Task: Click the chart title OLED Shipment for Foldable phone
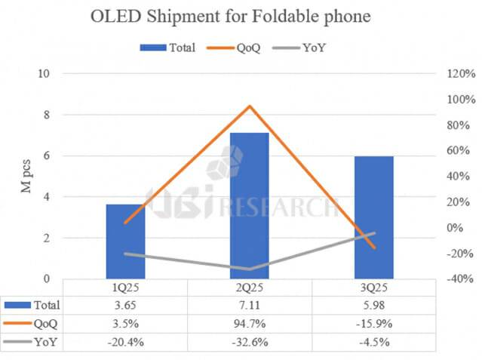point(241,17)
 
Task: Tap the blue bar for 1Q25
point(125,241)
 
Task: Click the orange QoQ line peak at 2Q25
point(249,106)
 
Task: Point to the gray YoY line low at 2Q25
point(249,269)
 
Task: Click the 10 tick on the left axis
point(44,74)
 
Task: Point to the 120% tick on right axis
point(459,74)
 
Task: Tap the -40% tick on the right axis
point(459,278)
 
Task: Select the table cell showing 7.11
point(249,306)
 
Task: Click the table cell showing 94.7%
point(249,324)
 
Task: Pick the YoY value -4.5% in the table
point(373,342)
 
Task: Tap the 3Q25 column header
point(373,288)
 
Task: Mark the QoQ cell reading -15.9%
point(373,324)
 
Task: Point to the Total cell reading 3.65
point(125,306)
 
